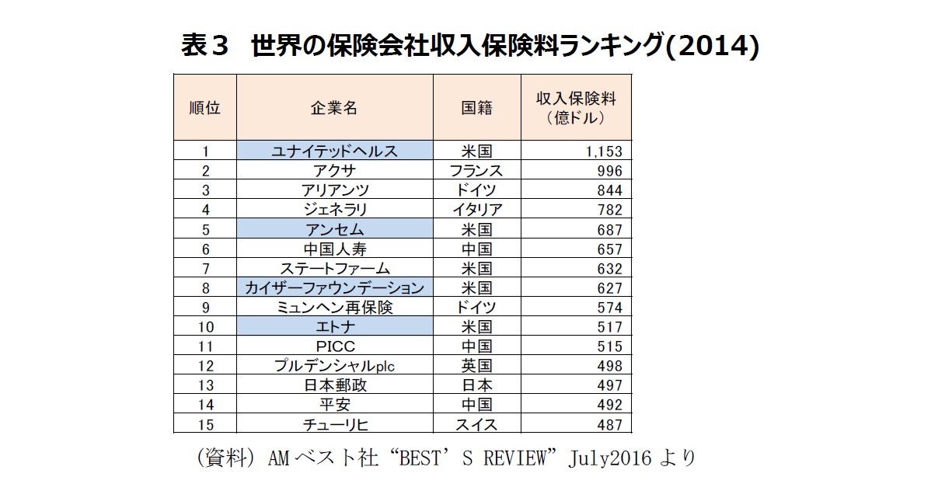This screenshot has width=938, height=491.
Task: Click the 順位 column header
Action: [205, 108]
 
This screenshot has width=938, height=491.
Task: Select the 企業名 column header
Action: [334, 108]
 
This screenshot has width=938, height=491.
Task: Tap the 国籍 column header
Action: [476, 108]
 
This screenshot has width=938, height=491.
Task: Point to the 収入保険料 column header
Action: [576, 108]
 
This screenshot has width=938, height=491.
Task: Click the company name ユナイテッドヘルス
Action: [334, 151]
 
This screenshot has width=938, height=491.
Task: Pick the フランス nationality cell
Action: [476, 171]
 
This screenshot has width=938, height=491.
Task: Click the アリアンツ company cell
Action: [334, 190]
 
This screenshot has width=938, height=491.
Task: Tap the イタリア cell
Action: [476, 210]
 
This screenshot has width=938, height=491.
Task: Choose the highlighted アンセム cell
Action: [334, 229]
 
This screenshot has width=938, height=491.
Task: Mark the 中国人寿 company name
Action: [334, 249]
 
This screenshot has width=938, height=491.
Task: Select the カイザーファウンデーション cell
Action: [334, 288]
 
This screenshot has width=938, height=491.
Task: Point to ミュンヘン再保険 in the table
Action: [334, 308]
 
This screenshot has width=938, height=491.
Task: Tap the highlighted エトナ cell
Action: [334, 327]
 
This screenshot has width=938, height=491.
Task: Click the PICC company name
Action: [334, 346]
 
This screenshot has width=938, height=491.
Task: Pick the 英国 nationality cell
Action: [476, 366]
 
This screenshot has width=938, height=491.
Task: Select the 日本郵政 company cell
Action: [334, 385]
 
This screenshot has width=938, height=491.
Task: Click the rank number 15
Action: [205, 425]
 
